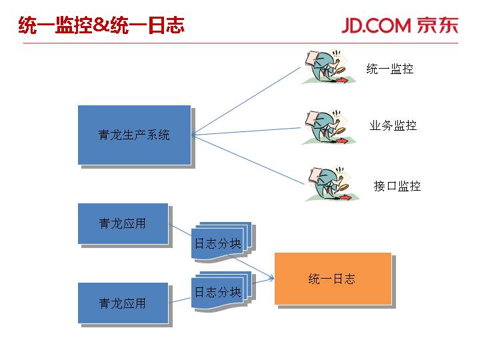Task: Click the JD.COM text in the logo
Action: tap(376, 25)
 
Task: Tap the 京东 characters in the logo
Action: tap(437, 25)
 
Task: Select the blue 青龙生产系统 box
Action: tap(134, 135)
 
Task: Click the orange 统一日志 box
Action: tap(333, 279)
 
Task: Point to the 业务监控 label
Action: tap(393, 125)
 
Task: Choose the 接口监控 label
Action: tap(397, 186)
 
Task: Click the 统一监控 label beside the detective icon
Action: tap(390, 68)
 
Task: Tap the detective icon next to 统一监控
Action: tap(325, 67)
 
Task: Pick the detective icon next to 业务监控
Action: tap(325, 127)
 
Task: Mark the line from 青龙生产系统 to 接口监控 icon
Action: tap(247, 159)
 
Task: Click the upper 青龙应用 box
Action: tap(122, 224)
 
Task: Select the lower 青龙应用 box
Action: tap(122, 303)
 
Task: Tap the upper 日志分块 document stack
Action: tap(219, 243)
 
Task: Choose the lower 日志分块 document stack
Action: tap(219, 291)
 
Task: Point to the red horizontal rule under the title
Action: tap(240, 43)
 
